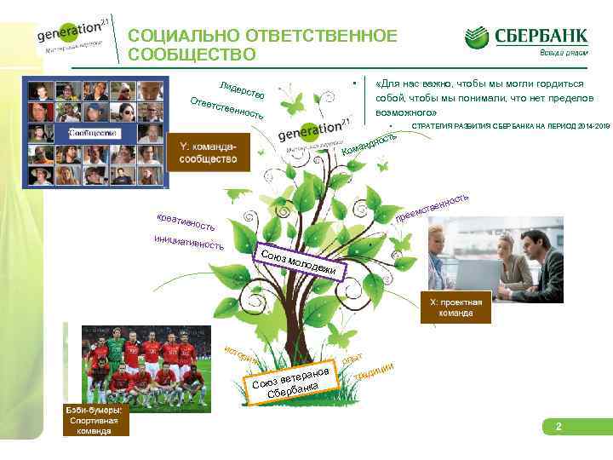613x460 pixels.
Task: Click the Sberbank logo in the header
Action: click(x=525, y=37)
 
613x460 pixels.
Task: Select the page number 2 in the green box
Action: click(x=559, y=425)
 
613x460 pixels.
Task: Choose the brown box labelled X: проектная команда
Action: click(x=456, y=308)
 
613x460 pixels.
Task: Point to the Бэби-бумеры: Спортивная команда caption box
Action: click(x=96, y=421)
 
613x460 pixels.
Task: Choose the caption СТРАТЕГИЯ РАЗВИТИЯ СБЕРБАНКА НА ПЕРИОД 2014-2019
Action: click(x=510, y=127)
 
